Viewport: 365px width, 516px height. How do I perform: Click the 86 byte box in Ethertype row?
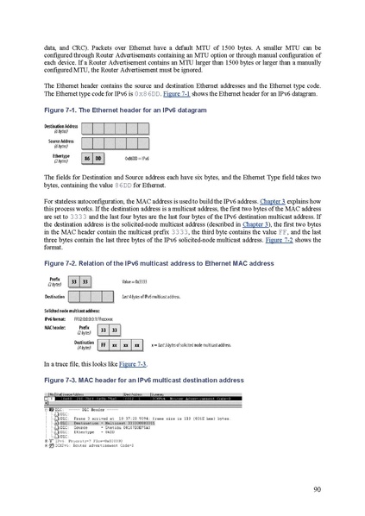coord(86,158)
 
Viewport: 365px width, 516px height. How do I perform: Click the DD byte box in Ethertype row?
coord(98,158)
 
